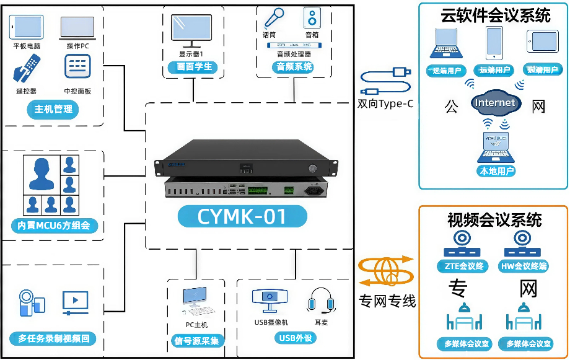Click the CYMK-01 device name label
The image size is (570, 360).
click(x=242, y=216)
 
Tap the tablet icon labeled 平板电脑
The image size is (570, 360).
click(x=27, y=27)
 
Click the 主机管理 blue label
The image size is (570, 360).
click(x=53, y=110)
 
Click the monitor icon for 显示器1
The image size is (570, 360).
click(x=191, y=31)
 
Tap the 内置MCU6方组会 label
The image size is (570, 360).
click(x=55, y=226)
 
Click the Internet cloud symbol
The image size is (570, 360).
click(x=495, y=103)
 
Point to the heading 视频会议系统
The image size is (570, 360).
click(x=494, y=220)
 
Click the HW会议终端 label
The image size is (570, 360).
click(x=524, y=266)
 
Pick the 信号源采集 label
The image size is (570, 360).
click(x=197, y=340)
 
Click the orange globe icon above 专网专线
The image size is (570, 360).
click(x=386, y=270)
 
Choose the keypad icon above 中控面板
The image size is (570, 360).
click(x=77, y=66)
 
